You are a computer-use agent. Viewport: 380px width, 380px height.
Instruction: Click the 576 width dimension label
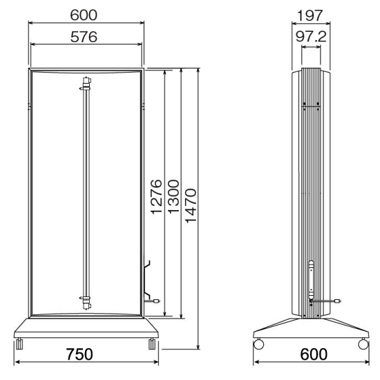tap(84, 37)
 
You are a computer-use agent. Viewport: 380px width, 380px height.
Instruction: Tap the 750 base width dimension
tap(79, 354)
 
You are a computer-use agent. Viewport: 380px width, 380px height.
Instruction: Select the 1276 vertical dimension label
tap(156, 196)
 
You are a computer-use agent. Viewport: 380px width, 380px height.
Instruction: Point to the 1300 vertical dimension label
tap(173, 196)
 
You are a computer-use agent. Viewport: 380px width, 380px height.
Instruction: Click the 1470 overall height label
tap(191, 205)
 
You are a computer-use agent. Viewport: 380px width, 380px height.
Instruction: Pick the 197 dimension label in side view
tap(310, 16)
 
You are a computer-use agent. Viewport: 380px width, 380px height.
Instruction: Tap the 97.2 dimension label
tap(311, 37)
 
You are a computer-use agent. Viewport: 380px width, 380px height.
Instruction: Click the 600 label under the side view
tap(314, 354)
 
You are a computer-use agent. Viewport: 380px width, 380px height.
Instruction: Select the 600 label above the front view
tap(84, 15)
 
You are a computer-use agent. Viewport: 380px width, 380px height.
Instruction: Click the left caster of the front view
tap(19, 343)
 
